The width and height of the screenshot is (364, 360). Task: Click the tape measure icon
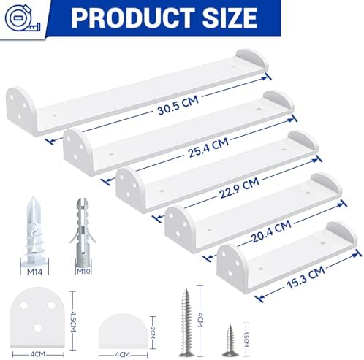coord(23,18)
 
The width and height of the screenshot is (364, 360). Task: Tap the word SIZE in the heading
coord(230,18)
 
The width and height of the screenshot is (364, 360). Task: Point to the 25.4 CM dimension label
coord(208,148)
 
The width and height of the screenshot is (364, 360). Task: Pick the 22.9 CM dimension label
coord(239,188)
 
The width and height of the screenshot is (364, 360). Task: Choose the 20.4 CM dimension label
coord(271,231)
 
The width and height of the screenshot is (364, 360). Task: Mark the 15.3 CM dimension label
coord(306,277)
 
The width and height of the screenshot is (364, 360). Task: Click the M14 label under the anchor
coord(34,272)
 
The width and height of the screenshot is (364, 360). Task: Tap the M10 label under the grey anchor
coord(83,271)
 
